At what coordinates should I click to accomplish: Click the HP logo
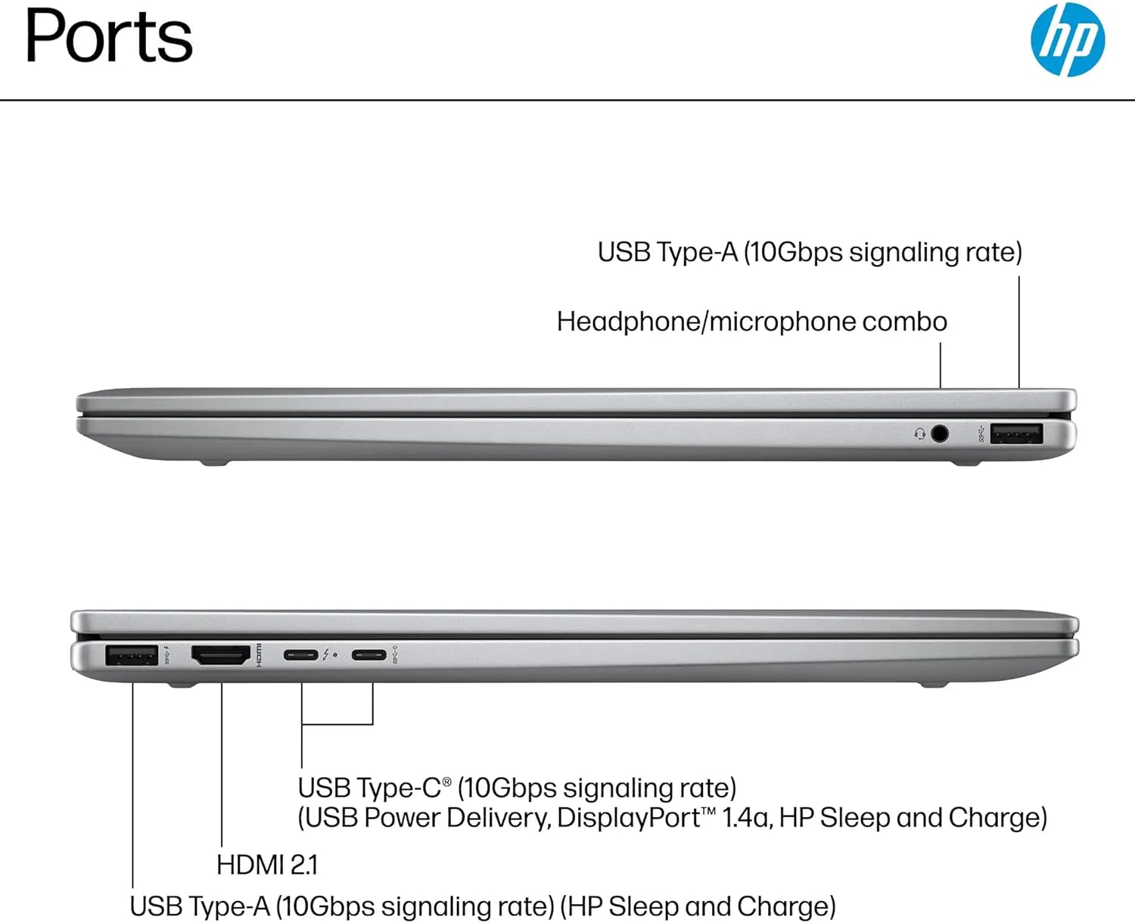[1068, 39]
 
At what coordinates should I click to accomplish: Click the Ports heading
[109, 36]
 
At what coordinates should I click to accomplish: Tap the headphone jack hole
[940, 434]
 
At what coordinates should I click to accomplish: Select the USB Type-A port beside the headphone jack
[1016, 434]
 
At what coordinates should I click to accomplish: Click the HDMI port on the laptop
[221, 655]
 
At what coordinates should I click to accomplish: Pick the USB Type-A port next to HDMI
[132, 655]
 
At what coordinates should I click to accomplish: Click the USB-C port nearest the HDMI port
[301, 654]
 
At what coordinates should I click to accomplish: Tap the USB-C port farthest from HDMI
[368, 654]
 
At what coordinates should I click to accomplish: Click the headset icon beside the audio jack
[919, 434]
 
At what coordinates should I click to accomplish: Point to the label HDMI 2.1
[267, 865]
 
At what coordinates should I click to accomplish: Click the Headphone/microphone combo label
[752, 322]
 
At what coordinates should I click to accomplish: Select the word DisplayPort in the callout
[629, 818]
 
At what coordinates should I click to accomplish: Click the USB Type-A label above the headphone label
[810, 252]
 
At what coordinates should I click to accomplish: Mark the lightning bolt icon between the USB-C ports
[325, 655]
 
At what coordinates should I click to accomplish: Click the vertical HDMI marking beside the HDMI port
[259, 655]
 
